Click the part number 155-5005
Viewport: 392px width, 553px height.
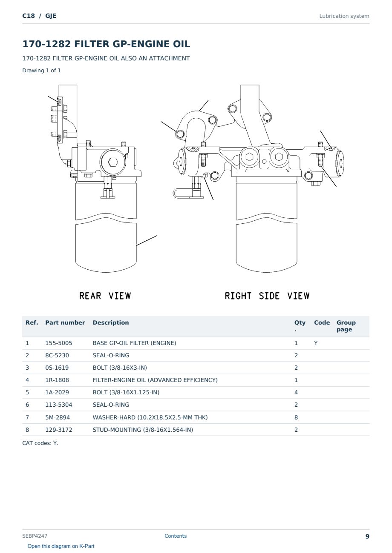(59, 343)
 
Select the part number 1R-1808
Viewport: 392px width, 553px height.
(57, 380)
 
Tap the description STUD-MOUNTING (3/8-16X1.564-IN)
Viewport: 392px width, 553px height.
(143, 430)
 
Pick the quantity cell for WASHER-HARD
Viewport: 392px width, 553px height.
(296, 417)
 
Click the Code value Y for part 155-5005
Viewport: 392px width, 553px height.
(316, 343)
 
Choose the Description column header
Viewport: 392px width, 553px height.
(111, 323)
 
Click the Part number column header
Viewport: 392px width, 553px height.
(65, 323)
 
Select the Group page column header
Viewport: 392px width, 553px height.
(346, 326)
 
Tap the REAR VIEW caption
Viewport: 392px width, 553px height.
(105, 296)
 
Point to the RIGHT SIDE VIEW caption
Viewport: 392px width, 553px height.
(267, 296)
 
